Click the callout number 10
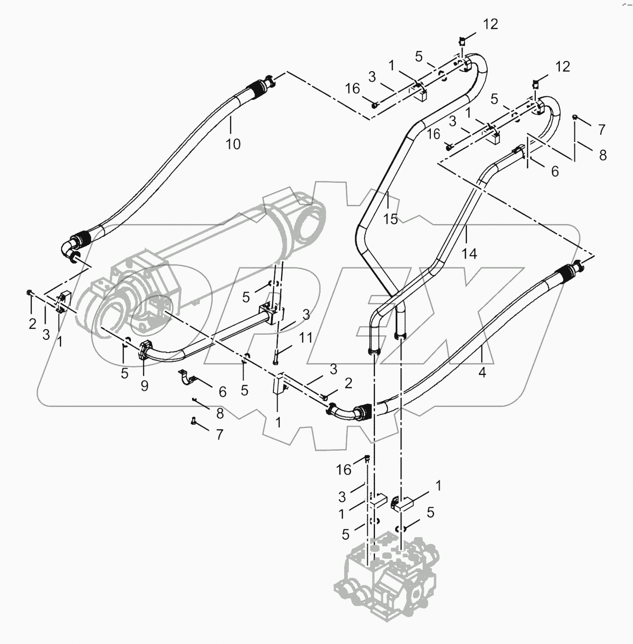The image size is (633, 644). (233, 143)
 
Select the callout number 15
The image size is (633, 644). (390, 219)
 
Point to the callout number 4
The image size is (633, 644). (482, 372)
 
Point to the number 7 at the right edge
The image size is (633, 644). (601, 129)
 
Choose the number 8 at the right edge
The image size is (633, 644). (603, 155)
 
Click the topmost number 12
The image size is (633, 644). (491, 25)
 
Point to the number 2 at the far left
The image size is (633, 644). (32, 324)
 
